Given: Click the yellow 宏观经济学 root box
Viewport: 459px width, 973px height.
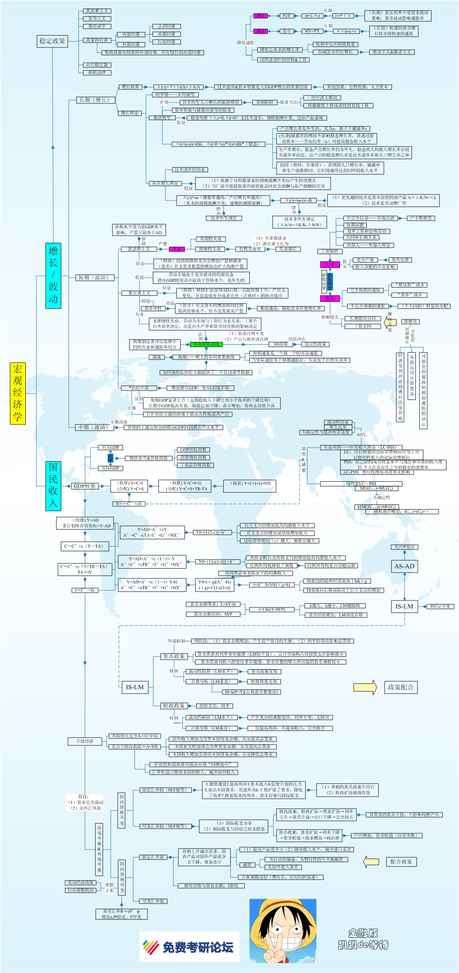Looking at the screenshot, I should (x=18, y=393).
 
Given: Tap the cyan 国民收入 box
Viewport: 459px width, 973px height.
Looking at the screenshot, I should (x=53, y=486).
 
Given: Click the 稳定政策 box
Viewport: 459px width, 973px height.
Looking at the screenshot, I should (x=52, y=41).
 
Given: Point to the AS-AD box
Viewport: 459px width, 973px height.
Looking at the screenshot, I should (x=404, y=566).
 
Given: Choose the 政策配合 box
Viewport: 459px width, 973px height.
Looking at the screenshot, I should (x=401, y=687).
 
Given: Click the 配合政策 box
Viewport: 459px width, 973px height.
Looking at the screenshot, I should (x=401, y=861).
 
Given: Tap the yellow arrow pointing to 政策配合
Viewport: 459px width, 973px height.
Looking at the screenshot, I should (x=365, y=687).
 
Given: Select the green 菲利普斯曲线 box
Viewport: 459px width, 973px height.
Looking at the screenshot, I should (x=206, y=344).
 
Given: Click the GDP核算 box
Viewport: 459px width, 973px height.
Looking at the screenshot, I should (x=85, y=486).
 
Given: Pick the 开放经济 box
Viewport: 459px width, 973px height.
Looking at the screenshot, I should (x=85, y=741).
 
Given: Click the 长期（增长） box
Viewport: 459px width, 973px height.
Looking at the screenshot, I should (x=95, y=100).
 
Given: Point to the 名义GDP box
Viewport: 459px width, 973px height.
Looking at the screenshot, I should (x=110, y=447).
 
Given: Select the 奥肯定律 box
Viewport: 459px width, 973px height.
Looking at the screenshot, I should (x=400, y=260).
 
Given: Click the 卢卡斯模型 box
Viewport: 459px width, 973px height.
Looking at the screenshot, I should (x=421, y=218).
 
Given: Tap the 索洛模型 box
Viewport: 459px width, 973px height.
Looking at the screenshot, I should (x=162, y=118).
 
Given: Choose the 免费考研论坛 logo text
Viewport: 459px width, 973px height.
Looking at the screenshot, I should (x=198, y=947).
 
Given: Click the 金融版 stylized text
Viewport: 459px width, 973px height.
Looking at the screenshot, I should (x=363, y=933).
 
